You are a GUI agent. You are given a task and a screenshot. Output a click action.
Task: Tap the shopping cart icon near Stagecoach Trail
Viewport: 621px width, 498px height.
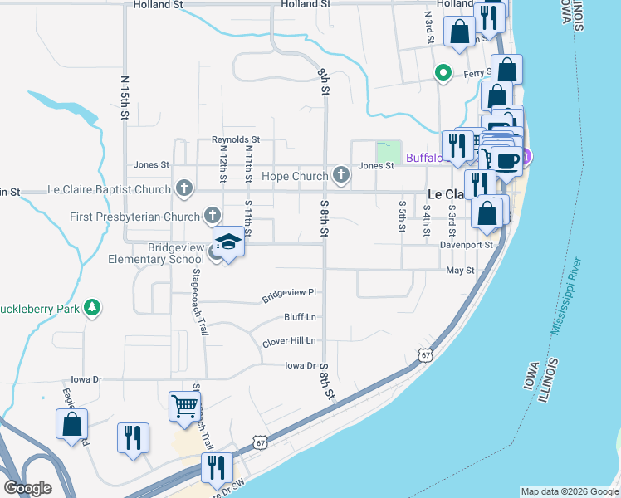tap(184, 406)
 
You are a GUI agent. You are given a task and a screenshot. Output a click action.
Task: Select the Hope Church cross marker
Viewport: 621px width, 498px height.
tap(340, 175)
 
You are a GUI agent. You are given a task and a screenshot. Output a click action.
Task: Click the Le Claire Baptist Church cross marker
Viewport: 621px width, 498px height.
tap(183, 189)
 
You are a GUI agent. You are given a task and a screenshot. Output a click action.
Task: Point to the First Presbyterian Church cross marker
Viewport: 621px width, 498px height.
tap(213, 217)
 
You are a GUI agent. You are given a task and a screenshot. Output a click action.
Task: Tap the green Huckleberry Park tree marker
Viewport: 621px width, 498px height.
tap(94, 308)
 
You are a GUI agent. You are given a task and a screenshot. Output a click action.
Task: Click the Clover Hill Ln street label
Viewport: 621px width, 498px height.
tap(289, 341)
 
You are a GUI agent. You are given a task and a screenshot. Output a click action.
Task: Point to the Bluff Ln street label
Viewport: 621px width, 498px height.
tap(300, 317)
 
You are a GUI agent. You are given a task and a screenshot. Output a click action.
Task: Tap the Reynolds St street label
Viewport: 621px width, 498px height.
tap(236, 139)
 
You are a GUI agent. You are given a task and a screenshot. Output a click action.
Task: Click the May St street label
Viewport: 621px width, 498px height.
tap(460, 271)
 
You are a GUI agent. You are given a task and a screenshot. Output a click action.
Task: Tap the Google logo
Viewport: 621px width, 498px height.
tap(27, 488)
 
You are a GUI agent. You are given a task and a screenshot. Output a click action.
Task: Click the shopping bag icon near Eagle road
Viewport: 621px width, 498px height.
tap(72, 424)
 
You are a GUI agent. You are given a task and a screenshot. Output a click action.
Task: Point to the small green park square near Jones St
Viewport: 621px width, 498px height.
tap(388, 152)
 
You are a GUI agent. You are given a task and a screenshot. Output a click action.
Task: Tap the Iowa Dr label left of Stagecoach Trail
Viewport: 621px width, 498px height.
tap(85, 379)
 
